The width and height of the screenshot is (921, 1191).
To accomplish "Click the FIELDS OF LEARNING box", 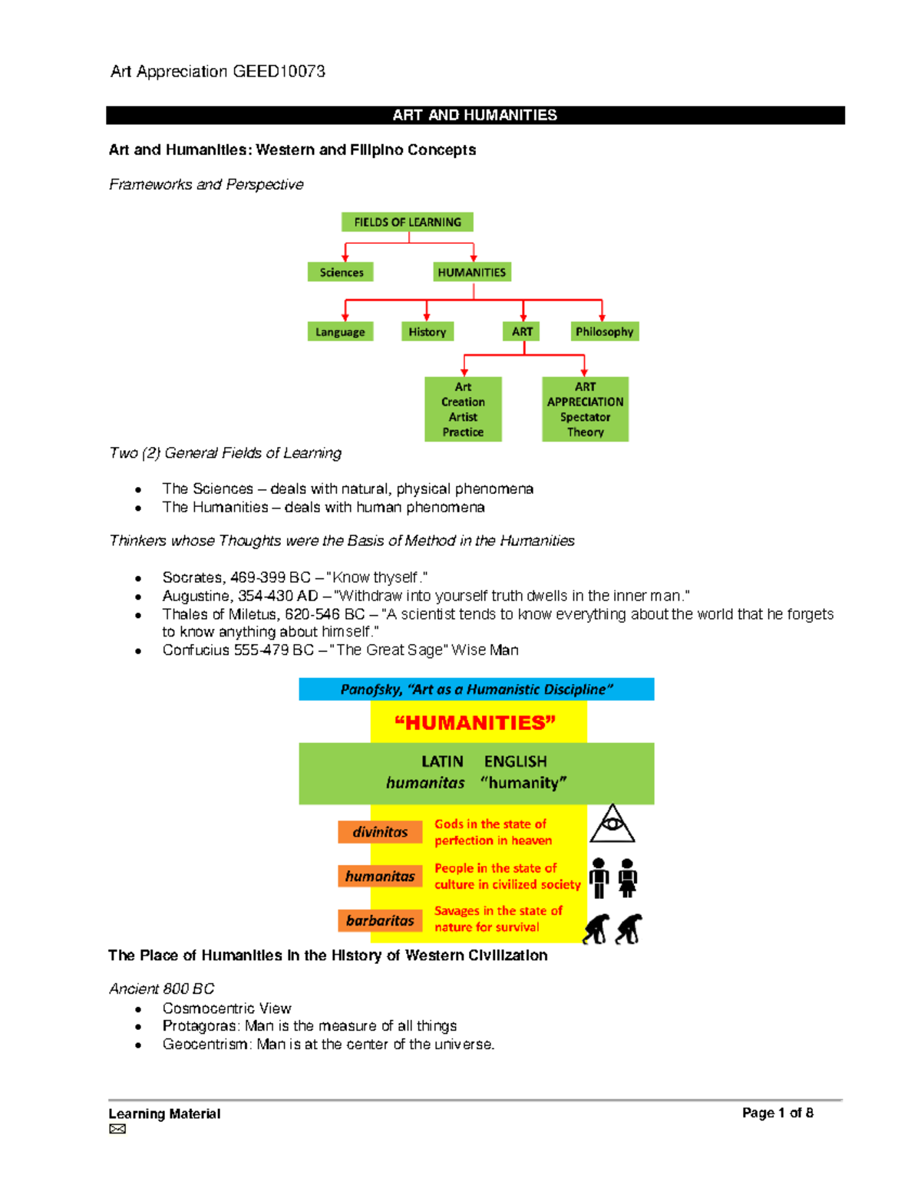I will click(407, 222).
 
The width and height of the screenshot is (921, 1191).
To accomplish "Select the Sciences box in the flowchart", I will click(341, 272).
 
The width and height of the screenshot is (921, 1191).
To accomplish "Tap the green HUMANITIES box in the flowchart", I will click(471, 272).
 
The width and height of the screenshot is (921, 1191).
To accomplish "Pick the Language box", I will click(340, 332).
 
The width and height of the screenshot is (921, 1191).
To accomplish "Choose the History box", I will click(427, 332).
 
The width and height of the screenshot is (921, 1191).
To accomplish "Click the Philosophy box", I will click(604, 332).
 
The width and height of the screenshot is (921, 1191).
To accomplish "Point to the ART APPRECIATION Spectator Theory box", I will click(585, 410).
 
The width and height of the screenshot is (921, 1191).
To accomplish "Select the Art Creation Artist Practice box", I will click(463, 410).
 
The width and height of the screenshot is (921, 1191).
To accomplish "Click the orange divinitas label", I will click(380, 832).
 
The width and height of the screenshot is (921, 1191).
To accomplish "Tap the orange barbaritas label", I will click(380, 920).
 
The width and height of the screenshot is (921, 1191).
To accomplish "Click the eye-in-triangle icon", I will click(612, 824).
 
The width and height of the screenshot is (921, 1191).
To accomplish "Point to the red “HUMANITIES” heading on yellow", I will click(474, 723).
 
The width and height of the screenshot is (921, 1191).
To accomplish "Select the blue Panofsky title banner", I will click(476, 689).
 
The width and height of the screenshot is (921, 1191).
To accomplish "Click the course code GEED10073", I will click(279, 71).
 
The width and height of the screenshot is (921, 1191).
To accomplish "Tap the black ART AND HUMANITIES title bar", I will click(475, 115).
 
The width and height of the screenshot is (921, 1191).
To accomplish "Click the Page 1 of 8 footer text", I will click(777, 1113).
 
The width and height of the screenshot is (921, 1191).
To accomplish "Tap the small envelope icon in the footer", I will click(117, 1129).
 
